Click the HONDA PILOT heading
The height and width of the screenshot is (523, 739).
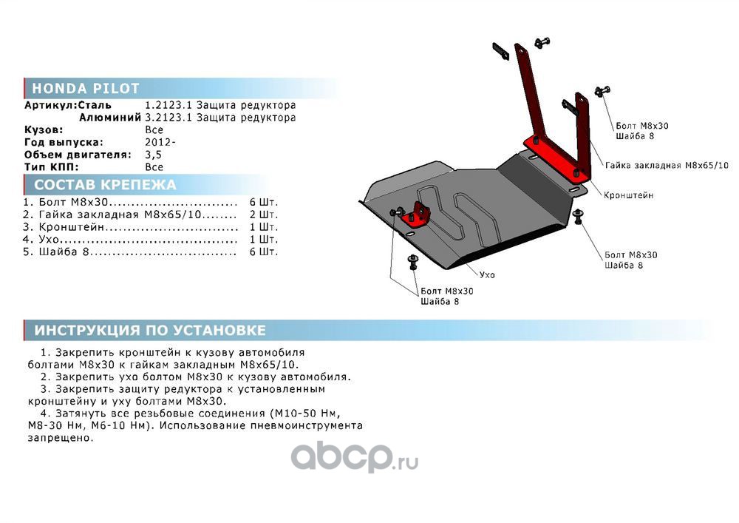coord(86,89)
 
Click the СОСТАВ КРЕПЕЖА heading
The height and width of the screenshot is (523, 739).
coord(105,185)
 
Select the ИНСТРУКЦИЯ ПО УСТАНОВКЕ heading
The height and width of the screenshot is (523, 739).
coord(150,330)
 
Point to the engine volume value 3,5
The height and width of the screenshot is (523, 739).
coord(153,155)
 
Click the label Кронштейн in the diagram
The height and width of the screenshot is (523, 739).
coord(628,195)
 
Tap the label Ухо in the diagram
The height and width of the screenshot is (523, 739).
coord(487,274)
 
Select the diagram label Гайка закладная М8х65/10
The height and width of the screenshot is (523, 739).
coord(667,165)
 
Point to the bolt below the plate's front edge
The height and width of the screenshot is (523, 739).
coord(412,261)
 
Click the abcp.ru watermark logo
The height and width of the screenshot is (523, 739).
coord(355,459)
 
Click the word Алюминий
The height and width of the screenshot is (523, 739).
coord(109,117)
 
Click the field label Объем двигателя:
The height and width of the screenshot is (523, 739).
coord(78,155)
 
